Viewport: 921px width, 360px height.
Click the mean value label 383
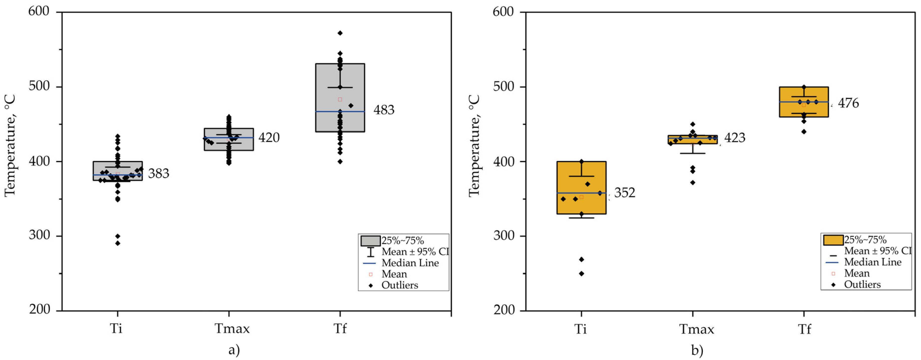click(x=158, y=173)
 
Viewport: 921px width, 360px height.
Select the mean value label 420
click(x=269, y=138)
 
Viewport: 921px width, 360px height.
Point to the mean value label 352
click(x=625, y=193)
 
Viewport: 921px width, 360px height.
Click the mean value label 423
click(x=735, y=138)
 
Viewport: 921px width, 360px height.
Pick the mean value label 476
click(x=848, y=103)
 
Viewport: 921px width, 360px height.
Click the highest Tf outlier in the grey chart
click(x=340, y=33)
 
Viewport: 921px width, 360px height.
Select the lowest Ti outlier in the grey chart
click(x=118, y=243)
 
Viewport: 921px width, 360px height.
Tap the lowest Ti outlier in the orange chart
click(x=581, y=273)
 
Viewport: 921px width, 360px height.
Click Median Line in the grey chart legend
click(x=410, y=263)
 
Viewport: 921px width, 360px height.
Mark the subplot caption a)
click(x=234, y=350)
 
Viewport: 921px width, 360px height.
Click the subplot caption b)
click(x=697, y=350)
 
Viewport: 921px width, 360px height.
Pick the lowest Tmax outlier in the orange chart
click(x=693, y=182)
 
